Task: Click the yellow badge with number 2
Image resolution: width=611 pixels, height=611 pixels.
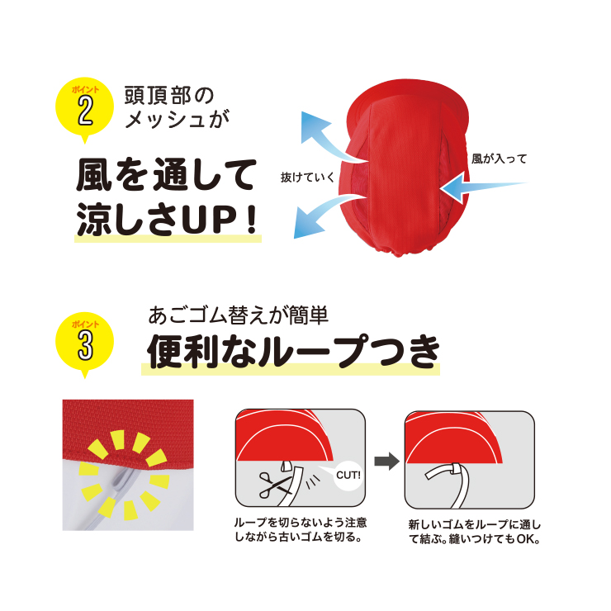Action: pyautogui.click(x=84, y=108)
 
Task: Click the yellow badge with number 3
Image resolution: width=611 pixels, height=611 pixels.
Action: pyautogui.click(x=84, y=343)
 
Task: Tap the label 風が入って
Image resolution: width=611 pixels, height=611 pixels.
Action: pyautogui.click(x=499, y=159)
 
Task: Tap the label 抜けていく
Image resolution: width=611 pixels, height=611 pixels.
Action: pyautogui.click(x=307, y=178)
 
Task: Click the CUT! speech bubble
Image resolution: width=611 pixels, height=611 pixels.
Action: pyautogui.click(x=347, y=474)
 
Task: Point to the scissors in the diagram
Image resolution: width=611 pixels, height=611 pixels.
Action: pyautogui.click(x=275, y=485)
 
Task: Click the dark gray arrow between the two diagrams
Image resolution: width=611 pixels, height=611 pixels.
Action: pyautogui.click(x=386, y=462)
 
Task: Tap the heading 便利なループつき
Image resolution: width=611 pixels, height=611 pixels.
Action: pyautogui.click(x=293, y=352)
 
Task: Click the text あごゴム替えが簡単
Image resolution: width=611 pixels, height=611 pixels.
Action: pyautogui.click(x=238, y=315)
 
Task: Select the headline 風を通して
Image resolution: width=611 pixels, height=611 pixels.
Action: pyautogui.click(x=167, y=174)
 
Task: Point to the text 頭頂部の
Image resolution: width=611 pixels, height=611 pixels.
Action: pyautogui.click(x=169, y=95)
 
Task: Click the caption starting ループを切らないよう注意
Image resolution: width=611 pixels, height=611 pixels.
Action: pyautogui.click(x=301, y=529)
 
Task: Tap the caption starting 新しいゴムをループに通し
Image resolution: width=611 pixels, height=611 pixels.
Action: pyautogui.click(x=474, y=532)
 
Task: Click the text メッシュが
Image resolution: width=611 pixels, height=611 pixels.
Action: pyautogui.click(x=178, y=119)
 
